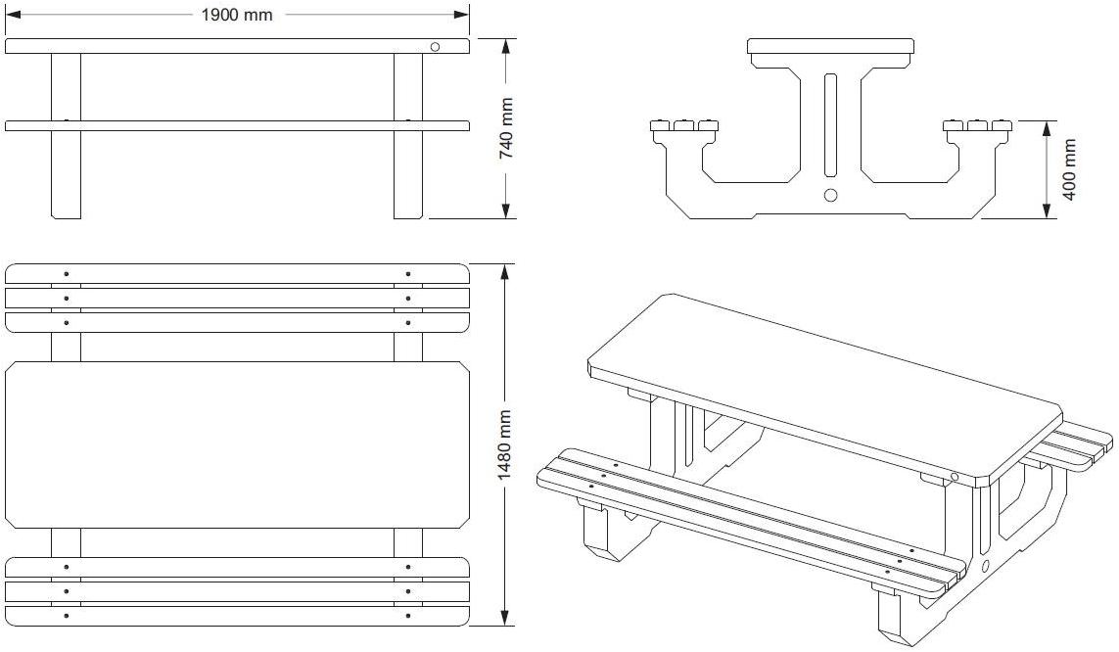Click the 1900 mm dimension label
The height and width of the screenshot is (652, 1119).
pyautogui.click(x=238, y=15)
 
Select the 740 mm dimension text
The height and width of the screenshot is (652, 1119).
pyautogui.click(x=506, y=129)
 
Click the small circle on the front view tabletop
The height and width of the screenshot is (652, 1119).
pyautogui.click(x=436, y=46)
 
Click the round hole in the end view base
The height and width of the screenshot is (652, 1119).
pyautogui.click(x=831, y=195)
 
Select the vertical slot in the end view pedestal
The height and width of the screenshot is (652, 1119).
pyautogui.click(x=831, y=121)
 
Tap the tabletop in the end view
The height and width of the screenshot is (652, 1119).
pyautogui.click(x=830, y=46)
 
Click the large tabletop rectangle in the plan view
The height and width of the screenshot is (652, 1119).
pyautogui.click(x=237, y=444)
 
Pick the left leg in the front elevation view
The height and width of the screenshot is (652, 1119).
pyautogui.click(x=66, y=171)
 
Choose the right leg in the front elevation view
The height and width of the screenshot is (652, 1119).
pyautogui.click(x=408, y=171)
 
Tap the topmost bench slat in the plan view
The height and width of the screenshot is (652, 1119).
pyautogui.click(x=237, y=273)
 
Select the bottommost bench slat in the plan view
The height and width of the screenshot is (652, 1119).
pyautogui.click(x=237, y=616)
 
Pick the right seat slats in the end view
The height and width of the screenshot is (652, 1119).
pyautogui.click(x=976, y=125)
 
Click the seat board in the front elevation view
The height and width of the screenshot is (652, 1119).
pyautogui.click(x=237, y=125)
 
